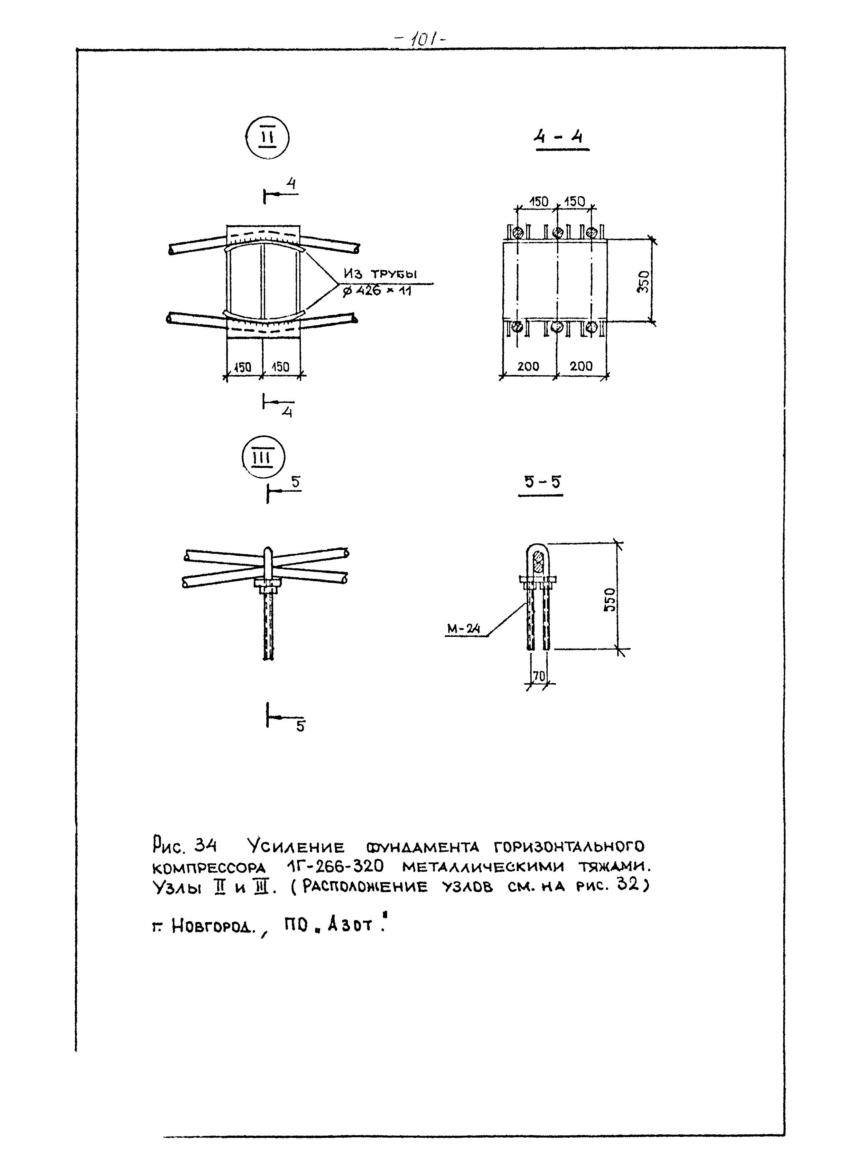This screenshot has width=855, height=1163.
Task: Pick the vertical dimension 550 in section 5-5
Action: [x=611, y=599]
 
